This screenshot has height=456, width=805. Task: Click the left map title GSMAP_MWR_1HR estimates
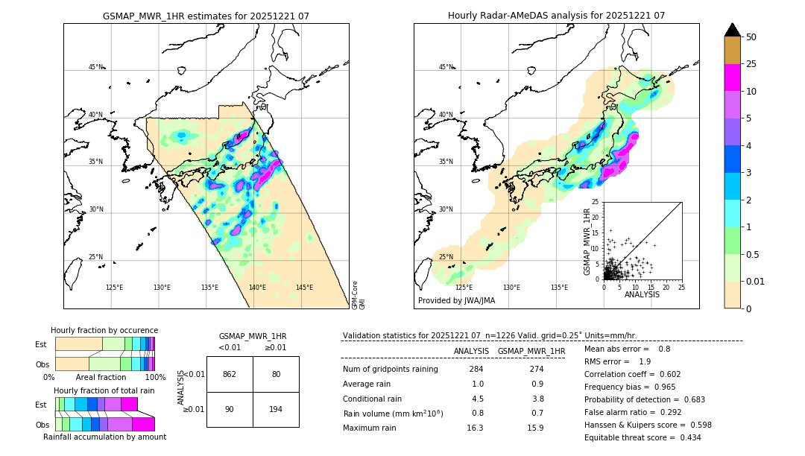point(206,16)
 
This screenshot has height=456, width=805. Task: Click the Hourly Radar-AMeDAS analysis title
point(556,16)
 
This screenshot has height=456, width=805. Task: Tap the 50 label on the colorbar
point(752,37)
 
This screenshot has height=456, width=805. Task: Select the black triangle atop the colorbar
point(733,30)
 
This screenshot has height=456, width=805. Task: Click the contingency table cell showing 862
point(230,374)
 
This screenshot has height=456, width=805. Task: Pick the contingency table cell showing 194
point(276,410)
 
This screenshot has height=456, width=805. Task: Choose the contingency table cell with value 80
point(276,374)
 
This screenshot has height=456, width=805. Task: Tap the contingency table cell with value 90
point(230,410)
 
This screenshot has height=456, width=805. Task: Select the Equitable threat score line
point(643,437)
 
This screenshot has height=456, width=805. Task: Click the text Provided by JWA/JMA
point(456,300)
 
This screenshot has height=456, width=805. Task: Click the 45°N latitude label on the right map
point(446,67)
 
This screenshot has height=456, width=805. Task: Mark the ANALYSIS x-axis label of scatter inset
point(642,295)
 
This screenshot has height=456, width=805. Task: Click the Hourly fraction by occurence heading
point(104,330)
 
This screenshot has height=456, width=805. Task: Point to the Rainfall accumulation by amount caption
point(104,437)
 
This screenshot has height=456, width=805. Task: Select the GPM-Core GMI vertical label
point(358,294)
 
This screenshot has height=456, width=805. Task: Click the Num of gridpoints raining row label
point(391,369)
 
